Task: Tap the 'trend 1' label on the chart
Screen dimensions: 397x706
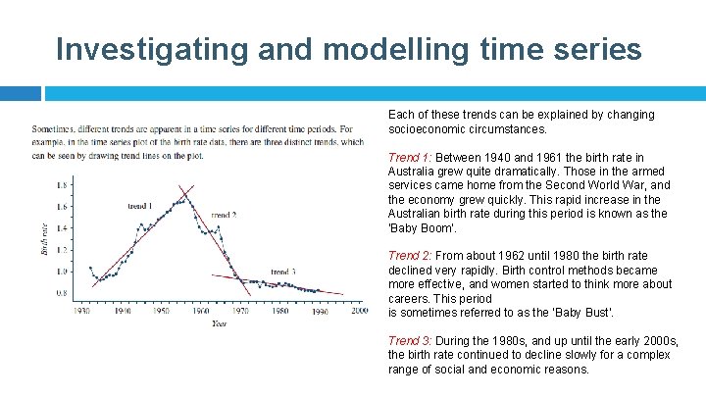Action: click(139, 206)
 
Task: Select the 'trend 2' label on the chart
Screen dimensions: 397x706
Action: click(224, 215)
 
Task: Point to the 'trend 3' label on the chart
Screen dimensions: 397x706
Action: click(283, 272)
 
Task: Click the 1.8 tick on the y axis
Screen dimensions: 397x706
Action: click(63, 185)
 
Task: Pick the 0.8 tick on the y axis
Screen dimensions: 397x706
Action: click(63, 293)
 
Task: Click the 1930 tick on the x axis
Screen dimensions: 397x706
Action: click(81, 310)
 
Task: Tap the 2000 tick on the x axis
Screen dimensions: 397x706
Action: click(359, 310)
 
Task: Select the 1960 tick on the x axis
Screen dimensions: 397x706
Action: click(200, 310)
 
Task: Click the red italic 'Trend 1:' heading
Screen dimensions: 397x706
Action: click(410, 157)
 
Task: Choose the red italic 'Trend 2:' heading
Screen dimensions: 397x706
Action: click(410, 256)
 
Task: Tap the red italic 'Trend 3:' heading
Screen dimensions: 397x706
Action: click(410, 341)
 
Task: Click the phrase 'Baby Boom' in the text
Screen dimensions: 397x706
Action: click(421, 227)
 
